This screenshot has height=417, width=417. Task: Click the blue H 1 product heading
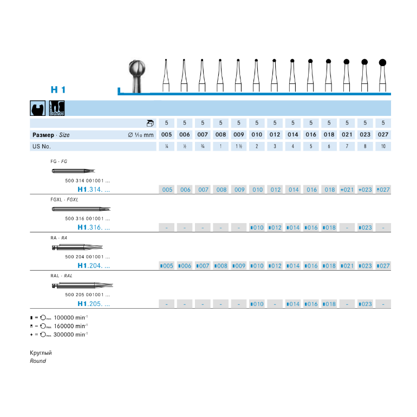pyautogui.click(x=58, y=89)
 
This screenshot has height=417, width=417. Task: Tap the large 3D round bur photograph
pyautogui.click(x=137, y=76)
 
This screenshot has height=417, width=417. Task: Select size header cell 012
pyautogui.click(x=275, y=134)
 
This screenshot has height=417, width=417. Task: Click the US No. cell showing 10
pyautogui.click(x=383, y=146)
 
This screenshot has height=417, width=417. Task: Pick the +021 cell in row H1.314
pyautogui.click(x=347, y=190)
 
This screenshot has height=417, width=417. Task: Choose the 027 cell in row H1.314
pyautogui.click(x=383, y=190)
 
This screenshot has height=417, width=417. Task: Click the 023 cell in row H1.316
pyautogui.click(x=365, y=227)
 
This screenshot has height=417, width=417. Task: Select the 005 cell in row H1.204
pyautogui.click(x=166, y=266)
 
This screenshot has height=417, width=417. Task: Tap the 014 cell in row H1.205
pyautogui.click(x=293, y=304)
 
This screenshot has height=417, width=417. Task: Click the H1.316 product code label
pyautogui.click(x=94, y=227)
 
